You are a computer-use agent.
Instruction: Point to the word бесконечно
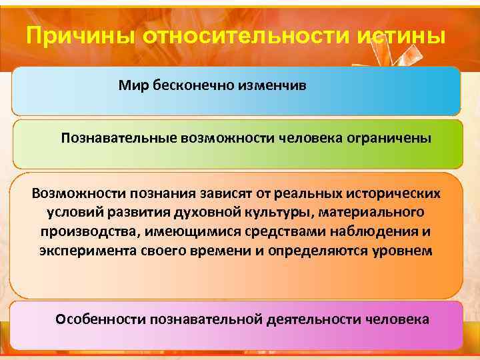[183, 86]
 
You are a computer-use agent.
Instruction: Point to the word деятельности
[313, 319]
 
